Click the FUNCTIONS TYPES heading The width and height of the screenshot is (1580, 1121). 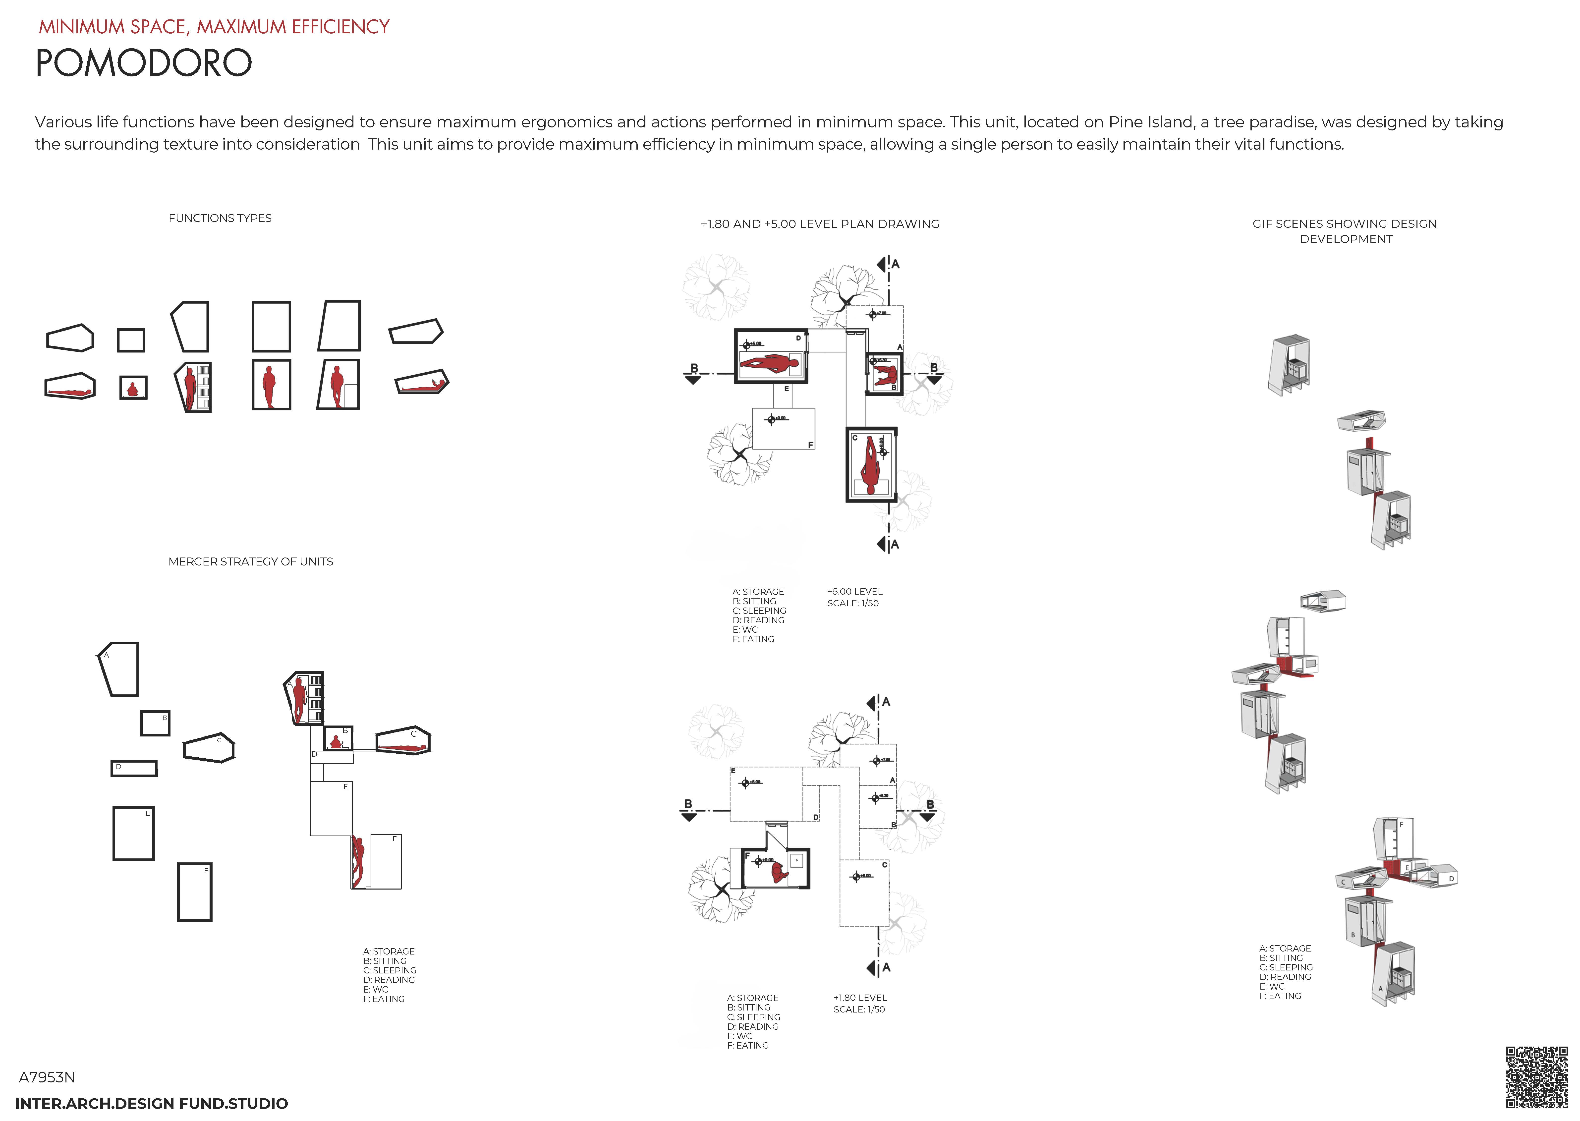pos(220,218)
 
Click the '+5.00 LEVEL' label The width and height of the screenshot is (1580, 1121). pos(854,592)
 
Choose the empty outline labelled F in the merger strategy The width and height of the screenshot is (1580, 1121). pos(195,892)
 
